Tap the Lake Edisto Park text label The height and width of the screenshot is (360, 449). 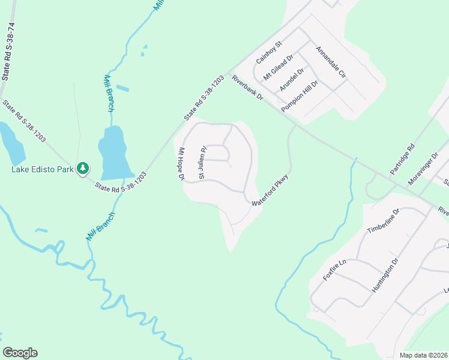41,169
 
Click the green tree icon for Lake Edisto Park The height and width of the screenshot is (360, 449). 83,169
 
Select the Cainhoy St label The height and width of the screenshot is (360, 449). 269,53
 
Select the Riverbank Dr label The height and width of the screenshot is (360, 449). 247,89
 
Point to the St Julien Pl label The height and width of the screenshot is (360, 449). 202,163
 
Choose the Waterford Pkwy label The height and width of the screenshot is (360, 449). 270,191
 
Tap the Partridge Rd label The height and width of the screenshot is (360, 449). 402,159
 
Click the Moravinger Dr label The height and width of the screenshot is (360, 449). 424,169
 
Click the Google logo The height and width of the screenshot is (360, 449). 20,353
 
